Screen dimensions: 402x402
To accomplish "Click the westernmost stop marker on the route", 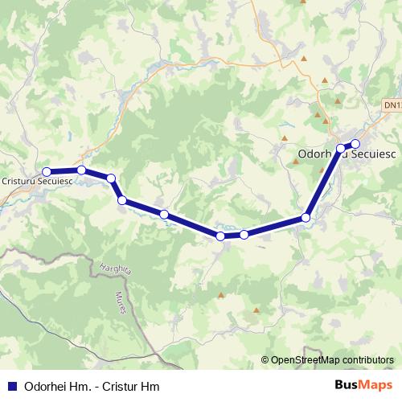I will (47, 171).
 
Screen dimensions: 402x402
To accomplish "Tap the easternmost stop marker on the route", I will (355, 145).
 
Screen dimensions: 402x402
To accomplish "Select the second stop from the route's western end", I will (81, 170).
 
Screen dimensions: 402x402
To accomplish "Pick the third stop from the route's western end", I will (111, 178).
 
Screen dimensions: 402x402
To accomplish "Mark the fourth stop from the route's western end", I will (122, 200).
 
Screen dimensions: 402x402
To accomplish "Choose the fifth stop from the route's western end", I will (164, 215).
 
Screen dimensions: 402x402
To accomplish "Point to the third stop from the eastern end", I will (306, 218).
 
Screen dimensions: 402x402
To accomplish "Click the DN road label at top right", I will (392, 105).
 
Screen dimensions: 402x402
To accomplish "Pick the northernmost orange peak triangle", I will (305, 58).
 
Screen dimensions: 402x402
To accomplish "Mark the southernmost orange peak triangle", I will (256, 310).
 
